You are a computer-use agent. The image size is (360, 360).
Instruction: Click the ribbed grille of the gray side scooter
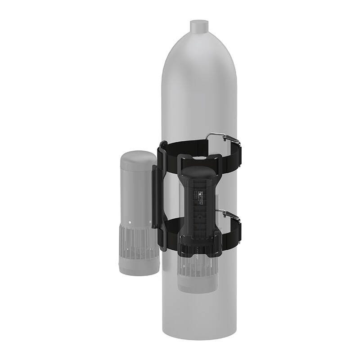click(x=135, y=243)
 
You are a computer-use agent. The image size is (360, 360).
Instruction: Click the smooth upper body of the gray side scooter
click(x=135, y=189)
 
